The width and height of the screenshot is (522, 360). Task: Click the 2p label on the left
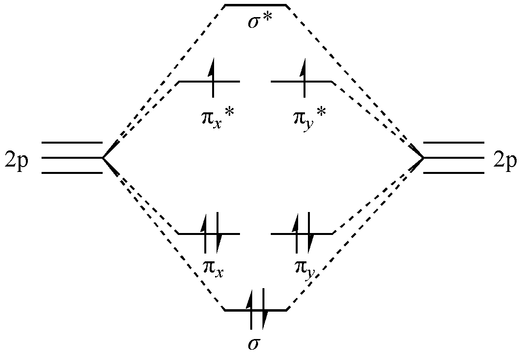17,159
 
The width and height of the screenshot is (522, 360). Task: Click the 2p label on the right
505,159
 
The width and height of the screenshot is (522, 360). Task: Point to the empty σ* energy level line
255,6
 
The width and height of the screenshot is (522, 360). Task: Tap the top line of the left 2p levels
72,143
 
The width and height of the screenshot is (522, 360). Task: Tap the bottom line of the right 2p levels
454,173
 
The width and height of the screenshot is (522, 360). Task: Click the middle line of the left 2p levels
72,158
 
